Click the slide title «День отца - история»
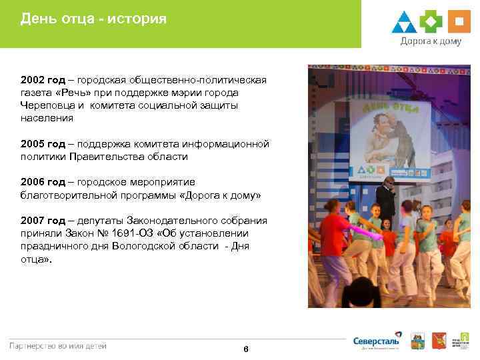[93, 19]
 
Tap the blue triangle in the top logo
[404, 23]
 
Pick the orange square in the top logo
[458, 22]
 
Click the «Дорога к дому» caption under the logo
[430, 41]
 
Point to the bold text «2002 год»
[43, 80]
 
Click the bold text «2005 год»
[43, 144]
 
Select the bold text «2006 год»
[43, 182]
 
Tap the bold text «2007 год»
[43, 221]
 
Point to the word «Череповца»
[45, 105]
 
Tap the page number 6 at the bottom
[246, 350]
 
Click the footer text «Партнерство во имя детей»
[57, 345]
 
